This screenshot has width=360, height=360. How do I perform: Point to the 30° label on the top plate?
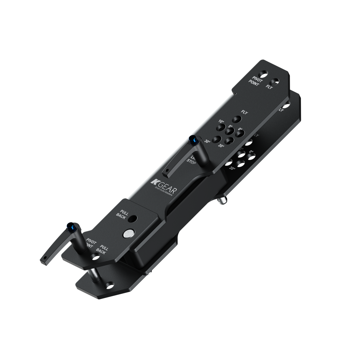click(207, 141)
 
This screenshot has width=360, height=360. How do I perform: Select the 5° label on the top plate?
click(231, 127)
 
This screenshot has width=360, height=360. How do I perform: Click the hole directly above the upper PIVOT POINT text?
click(263, 74)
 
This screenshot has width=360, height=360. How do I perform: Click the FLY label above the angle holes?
click(244, 112)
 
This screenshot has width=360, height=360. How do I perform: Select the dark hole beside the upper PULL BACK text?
click(132, 219)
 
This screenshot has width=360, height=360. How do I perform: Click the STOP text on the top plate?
click(191, 162)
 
